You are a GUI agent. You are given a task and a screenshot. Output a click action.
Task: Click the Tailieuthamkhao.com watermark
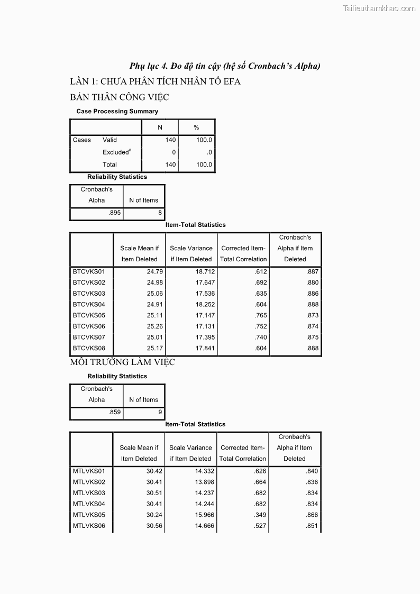379,8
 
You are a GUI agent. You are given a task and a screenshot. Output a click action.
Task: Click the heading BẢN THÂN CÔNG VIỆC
119,97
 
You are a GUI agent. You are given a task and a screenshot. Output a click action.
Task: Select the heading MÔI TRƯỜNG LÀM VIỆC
122,362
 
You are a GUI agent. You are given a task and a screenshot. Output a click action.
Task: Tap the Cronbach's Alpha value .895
114,213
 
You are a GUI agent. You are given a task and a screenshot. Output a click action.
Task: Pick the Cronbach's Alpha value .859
114,412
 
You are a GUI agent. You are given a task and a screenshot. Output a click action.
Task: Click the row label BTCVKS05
89,315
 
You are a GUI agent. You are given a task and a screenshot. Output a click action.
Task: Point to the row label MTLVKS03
89,493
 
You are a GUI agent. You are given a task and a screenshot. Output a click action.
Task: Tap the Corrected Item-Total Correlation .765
261,315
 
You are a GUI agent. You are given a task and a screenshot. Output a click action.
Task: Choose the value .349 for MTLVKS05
260,515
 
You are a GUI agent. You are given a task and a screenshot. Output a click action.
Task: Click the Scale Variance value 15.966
204,515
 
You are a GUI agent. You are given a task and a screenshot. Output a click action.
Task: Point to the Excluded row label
116,152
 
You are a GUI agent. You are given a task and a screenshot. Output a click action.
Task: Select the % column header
196,127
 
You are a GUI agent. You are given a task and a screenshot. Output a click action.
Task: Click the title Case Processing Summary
117,112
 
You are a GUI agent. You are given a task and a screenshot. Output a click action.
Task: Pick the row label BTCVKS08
89,349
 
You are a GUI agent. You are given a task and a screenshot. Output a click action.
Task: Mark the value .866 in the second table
312,515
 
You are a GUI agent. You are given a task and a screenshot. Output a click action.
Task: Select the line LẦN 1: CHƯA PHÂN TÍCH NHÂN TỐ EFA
155,81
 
